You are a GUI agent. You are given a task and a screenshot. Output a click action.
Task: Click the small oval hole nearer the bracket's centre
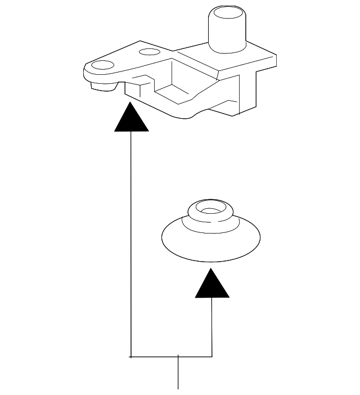(148, 52)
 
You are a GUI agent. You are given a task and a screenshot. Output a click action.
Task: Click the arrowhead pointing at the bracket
(131, 118)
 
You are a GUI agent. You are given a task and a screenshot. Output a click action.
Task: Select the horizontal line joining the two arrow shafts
(169, 356)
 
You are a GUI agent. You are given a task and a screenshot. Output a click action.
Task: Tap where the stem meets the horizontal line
(178, 356)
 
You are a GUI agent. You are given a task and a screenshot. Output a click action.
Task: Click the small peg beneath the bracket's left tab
(101, 86)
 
